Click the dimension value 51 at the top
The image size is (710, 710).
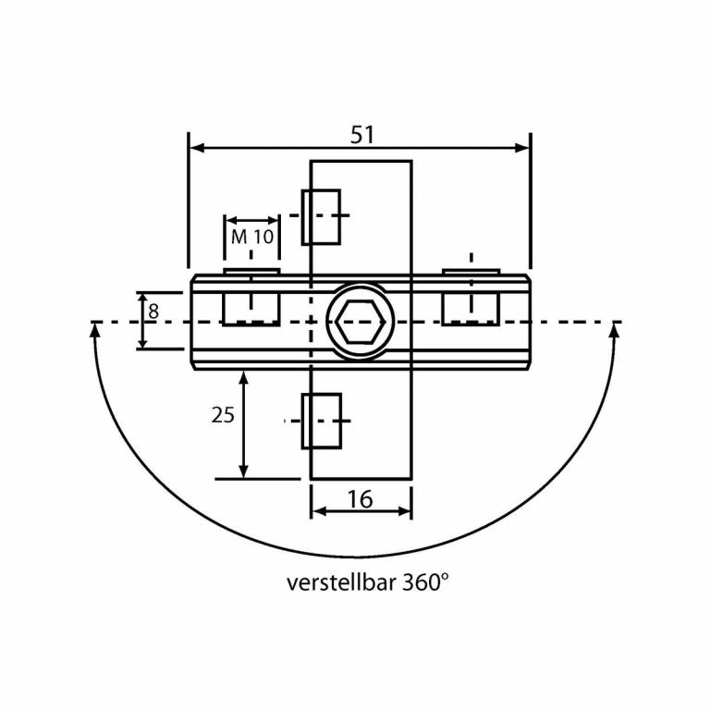tap(361, 134)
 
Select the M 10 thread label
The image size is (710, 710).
tap(252, 237)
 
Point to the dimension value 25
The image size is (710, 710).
tap(223, 415)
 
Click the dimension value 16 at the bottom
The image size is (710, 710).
tap(361, 499)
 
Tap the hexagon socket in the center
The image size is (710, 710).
tap(361, 322)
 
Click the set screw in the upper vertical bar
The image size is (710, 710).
tap(321, 216)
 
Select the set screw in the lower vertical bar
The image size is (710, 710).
tap(321, 421)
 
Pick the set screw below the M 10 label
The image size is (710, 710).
tap(251, 305)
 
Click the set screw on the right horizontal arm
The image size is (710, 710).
tap(471, 305)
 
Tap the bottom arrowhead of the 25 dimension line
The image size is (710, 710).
tap(243, 471)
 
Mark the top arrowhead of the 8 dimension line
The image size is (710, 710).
tap(141, 299)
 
